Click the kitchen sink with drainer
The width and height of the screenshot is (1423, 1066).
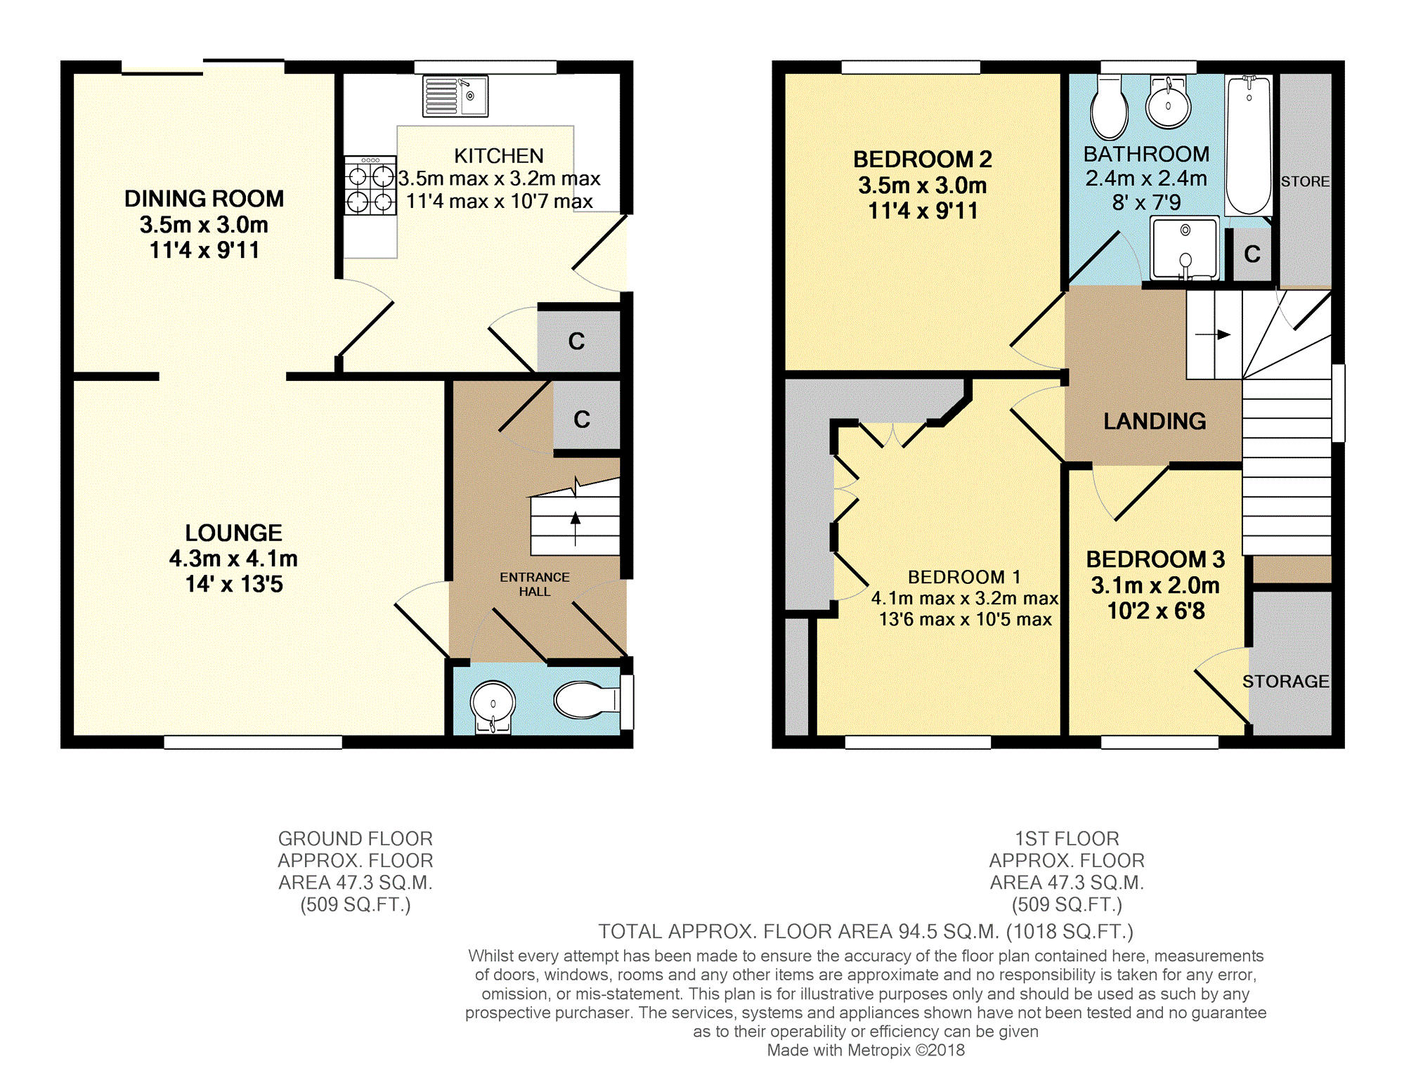[x=455, y=96]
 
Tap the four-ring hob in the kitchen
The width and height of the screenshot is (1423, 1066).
[x=370, y=185]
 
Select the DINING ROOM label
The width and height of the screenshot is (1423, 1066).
[x=204, y=199]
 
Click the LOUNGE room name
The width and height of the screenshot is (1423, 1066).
[x=233, y=533]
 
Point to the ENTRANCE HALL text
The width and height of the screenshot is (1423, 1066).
[x=535, y=584]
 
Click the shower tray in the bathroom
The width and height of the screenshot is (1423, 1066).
[x=1185, y=249]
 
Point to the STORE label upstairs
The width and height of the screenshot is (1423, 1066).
[x=1306, y=181]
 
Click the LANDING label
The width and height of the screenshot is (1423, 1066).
[x=1155, y=421]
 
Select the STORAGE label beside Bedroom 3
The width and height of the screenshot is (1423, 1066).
[x=1286, y=681]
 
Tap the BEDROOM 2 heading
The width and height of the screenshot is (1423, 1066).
[x=923, y=160]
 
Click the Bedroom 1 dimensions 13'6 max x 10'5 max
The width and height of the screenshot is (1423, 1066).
[x=966, y=619]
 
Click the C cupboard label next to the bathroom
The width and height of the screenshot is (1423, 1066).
[x=1252, y=254]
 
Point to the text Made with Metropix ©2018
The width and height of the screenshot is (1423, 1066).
[x=866, y=1050]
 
